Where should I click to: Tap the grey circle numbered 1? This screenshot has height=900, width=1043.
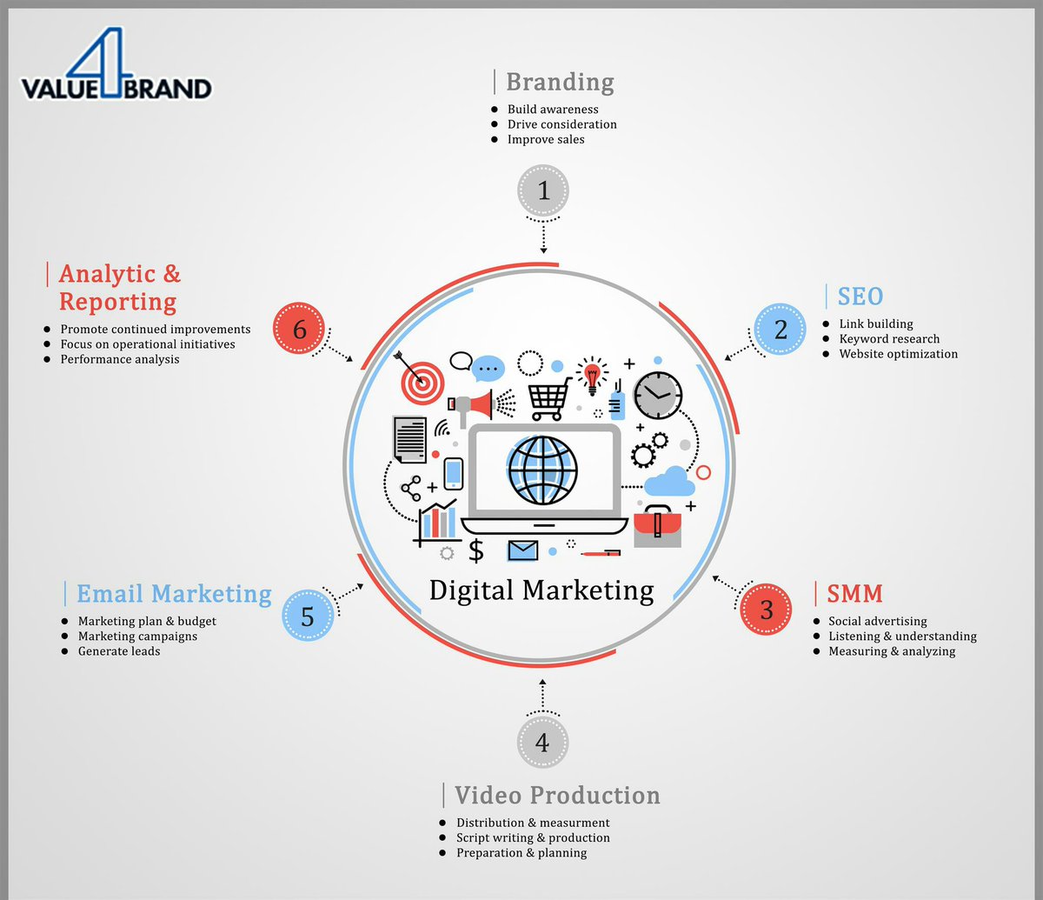tap(543, 190)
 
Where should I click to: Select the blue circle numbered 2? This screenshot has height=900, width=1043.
tap(781, 330)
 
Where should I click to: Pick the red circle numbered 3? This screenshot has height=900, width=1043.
tap(766, 609)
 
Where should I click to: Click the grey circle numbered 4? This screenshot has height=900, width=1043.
tap(542, 743)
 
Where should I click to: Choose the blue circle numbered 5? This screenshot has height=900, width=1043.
tap(308, 616)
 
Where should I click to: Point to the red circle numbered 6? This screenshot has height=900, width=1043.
tap(300, 330)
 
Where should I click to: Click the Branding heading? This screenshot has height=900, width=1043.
tap(560, 82)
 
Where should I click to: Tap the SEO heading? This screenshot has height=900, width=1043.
tap(860, 297)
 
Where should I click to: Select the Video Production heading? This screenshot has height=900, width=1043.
tap(557, 795)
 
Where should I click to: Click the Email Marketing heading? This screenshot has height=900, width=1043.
tap(174, 594)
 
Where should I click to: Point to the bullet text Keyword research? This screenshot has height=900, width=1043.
tap(889, 339)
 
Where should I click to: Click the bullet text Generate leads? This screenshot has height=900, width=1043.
tap(119, 651)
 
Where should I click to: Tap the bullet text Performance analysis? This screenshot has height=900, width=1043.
tap(120, 359)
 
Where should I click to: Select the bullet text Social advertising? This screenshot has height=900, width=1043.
tap(877, 622)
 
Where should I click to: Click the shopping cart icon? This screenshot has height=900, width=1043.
tap(549, 397)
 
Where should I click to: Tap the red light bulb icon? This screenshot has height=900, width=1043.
tap(593, 375)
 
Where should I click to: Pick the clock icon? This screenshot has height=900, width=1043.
tap(658, 396)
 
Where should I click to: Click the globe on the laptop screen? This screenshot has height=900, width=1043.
tap(542, 470)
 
